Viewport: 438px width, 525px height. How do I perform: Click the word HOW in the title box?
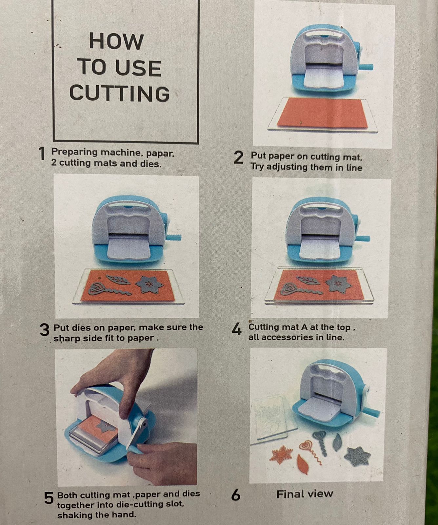click(116, 42)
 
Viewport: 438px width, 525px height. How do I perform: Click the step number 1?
click(42, 154)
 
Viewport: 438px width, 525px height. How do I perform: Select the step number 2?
click(239, 158)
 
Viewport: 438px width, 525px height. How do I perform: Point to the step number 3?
click(44, 330)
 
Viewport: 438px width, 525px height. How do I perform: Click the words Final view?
click(305, 494)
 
